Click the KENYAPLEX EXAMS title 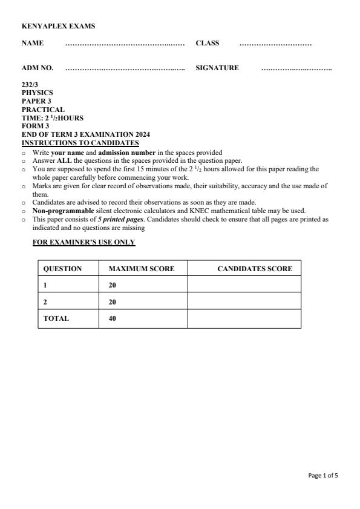[x=58, y=26]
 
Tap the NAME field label [x=32, y=44]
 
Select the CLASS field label [x=208, y=44]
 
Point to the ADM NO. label [x=38, y=68]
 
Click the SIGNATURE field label [x=217, y=68]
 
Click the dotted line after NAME [x=125, y=44]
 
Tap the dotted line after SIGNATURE [x=296, y=68]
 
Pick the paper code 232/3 [x=30, y=85]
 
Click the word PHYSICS [x=37, y=93]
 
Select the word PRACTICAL [x=42, y=110]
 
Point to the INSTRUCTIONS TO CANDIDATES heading [x=80, y=143]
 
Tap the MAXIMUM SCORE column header [x=141, y=269]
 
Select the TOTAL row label [x=56, y=318]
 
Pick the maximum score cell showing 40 [x=113, y=318]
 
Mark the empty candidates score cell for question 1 [x=244, y=285]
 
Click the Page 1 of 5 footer [x=323, y=476]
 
